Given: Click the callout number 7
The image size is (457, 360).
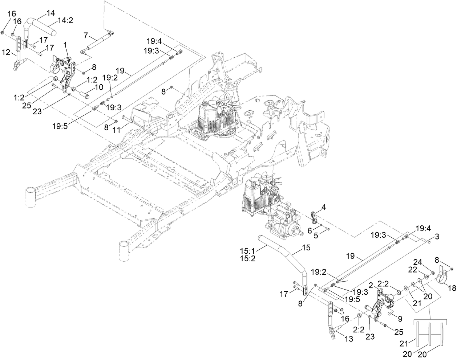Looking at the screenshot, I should pos(85,35).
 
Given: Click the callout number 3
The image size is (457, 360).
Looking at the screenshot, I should pos(437,237).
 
